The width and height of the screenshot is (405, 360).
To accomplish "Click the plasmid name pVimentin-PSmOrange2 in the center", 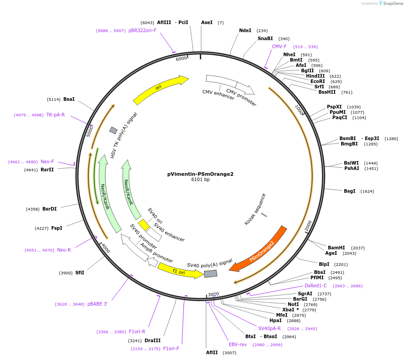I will tap(200, 174).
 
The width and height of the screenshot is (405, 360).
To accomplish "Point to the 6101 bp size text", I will tap(200, 180).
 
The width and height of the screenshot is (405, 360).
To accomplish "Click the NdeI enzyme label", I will tap(245, 31).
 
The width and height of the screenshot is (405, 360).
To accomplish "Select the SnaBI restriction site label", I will tap(265, 39).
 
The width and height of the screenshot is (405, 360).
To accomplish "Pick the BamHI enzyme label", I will tap(336, 248).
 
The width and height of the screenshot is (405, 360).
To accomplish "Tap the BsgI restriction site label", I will tap(350, 191).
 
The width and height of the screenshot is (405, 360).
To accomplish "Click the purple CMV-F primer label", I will tap(279, 46).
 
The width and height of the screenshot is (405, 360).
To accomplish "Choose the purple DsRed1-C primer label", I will tap(316, 286).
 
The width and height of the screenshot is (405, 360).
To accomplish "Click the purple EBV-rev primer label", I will tap(238, 344).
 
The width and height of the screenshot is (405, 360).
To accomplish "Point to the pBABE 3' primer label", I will tap(97, 304).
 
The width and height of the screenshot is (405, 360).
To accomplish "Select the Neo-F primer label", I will tap(47, 162).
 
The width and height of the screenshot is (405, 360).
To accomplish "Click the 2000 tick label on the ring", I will tap(308, 226).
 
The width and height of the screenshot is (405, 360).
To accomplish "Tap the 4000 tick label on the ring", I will tap(105, 248).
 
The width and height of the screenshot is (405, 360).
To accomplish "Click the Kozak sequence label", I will tap(256, 209).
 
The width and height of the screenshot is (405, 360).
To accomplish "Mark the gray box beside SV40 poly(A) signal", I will tap(211, 273).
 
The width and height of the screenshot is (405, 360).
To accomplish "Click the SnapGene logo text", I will tap(392, 3).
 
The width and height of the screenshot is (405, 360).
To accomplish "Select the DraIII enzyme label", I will tap(153, 340).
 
